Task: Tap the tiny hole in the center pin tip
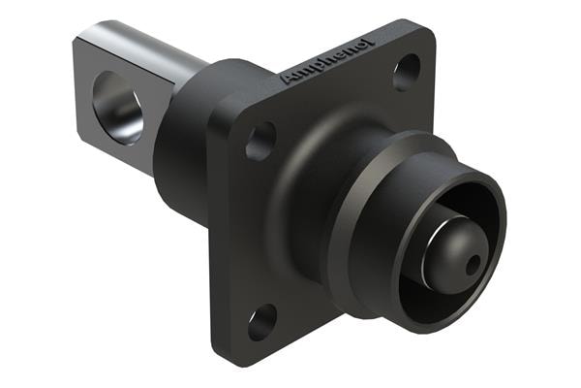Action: click(472, 263)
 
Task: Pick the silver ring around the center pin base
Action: click(430, 247)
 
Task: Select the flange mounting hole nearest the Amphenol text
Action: click(407, 72)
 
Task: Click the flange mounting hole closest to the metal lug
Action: click(260, 142)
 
